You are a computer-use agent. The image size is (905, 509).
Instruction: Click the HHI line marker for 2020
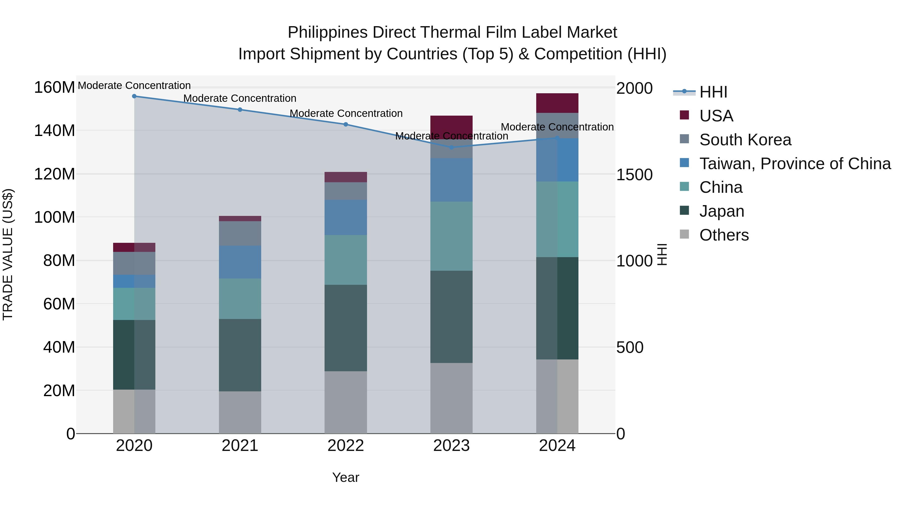point(134,96)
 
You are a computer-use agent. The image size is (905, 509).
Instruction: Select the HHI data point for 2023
point(451,148)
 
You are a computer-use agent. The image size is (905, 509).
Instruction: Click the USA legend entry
point(716,116)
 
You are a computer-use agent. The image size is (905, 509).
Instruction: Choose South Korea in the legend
point(745,140)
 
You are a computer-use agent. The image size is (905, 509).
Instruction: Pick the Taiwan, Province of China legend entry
point(795,164)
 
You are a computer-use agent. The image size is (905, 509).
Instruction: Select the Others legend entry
point(724,235)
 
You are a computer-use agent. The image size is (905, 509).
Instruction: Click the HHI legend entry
point(713,92)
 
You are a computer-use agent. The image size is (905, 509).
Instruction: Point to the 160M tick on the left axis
point(55,87)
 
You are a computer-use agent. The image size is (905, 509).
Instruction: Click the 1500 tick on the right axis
point(635,175)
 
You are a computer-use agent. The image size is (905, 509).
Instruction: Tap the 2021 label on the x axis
point(240,446)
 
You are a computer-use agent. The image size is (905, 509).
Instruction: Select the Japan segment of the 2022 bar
point(346,328)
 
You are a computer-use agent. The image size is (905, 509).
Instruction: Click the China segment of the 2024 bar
point(557,219)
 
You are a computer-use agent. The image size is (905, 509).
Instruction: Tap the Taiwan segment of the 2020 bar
point(134,281)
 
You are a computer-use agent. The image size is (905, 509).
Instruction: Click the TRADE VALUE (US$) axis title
point(8,254)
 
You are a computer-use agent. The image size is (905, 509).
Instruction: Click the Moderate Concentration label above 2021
point(240,98)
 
